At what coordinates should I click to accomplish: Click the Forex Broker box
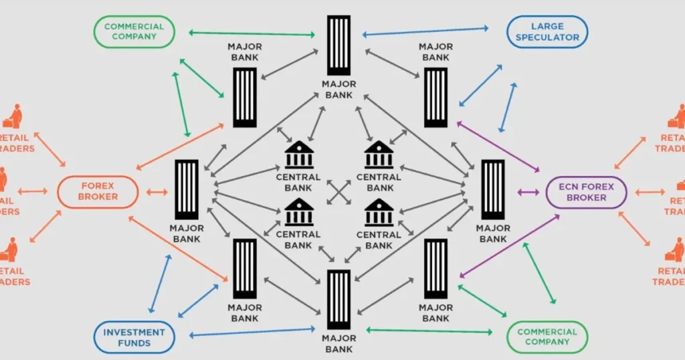coord(98,191)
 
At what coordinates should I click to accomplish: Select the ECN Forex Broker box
coord(587,192)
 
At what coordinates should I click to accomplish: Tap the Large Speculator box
coord(548,31)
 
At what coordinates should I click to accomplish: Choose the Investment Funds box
coord(134,337)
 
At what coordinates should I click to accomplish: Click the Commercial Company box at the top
coord(134,31)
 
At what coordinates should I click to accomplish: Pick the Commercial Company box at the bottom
coord(547,337)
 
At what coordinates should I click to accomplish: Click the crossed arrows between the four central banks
coord(339,192)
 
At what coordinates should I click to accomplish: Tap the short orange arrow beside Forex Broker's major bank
coord(157,192)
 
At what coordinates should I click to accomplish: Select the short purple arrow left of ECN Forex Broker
coord(528,192)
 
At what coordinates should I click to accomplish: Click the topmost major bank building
coord(338,46)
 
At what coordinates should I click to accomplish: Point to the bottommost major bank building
coord(338,300)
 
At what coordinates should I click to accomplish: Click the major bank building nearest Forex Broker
coord(187,189)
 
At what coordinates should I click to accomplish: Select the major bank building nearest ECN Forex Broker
coord(493,189)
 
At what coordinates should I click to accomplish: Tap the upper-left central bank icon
coord(298,155)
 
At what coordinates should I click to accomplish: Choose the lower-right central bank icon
coord(379,213)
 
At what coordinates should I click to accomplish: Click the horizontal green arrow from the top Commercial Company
coord(252,33)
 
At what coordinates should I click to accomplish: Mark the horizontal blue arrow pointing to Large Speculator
coord(425,31)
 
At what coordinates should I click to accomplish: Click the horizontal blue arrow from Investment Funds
coord(252,332)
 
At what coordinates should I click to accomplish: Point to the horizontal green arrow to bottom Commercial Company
coord(429,330)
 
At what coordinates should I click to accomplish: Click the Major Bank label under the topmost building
coord(338,90)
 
